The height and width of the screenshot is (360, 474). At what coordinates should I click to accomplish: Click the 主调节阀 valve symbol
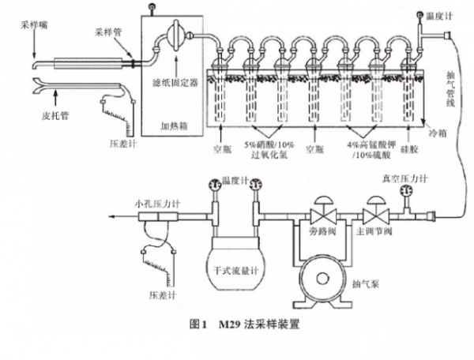tap(372, 215)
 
